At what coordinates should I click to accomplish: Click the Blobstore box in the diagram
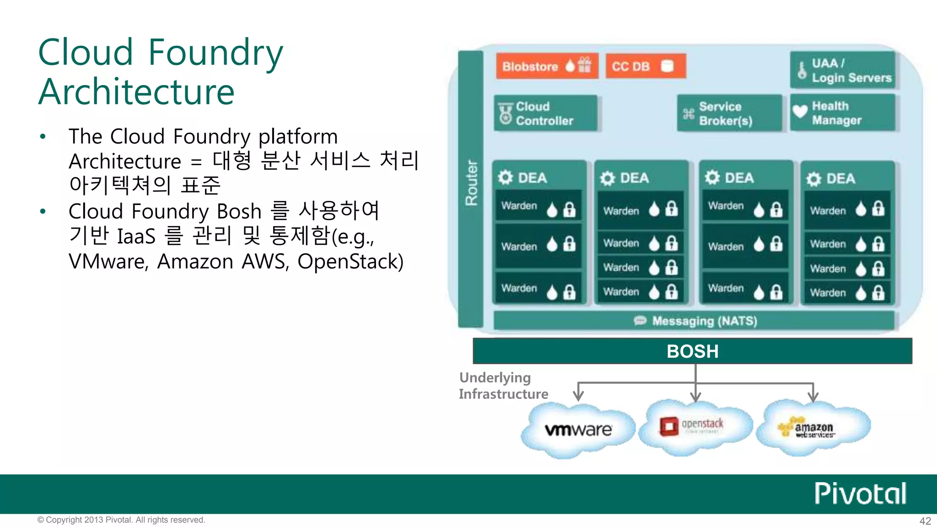tap(547, 66)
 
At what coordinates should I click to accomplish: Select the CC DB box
tap(646, 66)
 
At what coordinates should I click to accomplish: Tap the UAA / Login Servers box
tap(842, 70)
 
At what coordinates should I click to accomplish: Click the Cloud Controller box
tap(545, 113)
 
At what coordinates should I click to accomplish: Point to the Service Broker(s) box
tap(729, 113)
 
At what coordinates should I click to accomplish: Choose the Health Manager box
tap(842, 113)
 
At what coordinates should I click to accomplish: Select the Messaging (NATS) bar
tap(694, 321)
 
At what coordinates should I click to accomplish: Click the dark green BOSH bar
tap(692, 351)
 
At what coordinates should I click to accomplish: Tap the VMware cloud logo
tap(578, 430)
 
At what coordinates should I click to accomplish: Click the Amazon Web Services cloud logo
tap(812, 428)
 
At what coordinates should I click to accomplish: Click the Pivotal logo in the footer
tap(860, 494)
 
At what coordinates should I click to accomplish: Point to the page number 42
tap(925, 521)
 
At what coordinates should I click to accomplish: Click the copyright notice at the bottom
tap(121, 520)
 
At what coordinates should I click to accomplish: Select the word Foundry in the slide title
tap(215, 53)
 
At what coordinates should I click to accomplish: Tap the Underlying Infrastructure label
tap(503, 386)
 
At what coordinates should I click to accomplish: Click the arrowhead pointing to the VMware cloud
tap(579, 396)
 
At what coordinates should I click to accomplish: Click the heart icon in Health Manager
tap(800, 111)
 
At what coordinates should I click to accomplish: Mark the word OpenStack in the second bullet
tap(350, 262)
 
